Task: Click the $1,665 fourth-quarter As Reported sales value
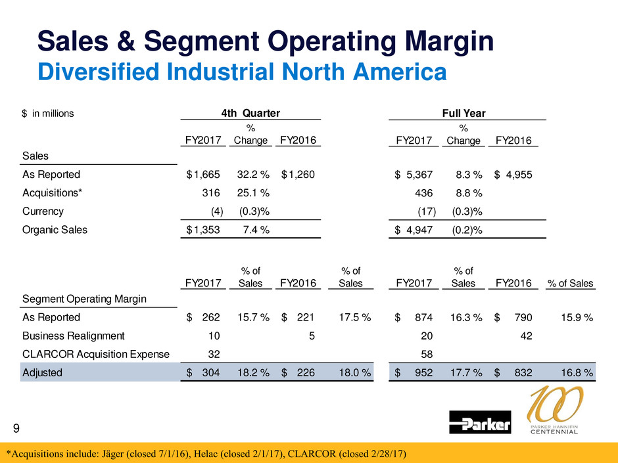click(203, 175)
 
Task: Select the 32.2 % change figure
click(253, 175)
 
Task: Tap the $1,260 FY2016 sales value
click(298, 175)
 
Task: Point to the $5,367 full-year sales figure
click(414, 175)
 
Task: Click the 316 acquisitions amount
click(211, 193)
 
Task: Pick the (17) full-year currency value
click(427, 211)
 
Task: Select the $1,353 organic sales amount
click(203, 230)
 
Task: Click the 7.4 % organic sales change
click(256, 230)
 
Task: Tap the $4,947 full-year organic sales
click(414, 230)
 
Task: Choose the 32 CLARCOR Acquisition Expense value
click(214, 354)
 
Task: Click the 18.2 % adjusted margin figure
click(253, 372)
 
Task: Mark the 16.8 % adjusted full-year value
click(577, 372)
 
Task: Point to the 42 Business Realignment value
click(526, 336)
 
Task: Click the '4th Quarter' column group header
click(250, 113)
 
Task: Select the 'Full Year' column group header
click(464, 114)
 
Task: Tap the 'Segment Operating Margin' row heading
click(84, 299)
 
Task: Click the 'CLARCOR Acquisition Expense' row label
click(96, 354)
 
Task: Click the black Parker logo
click(480, 422)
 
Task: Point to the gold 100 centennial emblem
click(554, 409)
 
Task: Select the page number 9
click(16, 428)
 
